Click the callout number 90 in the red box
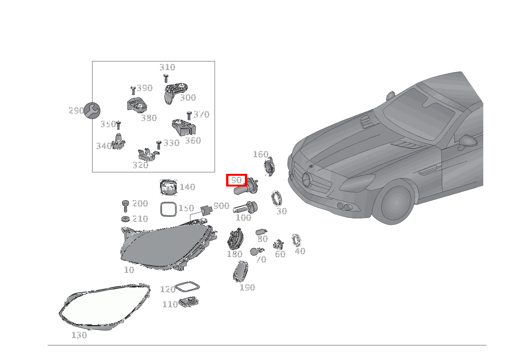(x=236, y=180)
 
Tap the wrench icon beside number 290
(x=92, y=111)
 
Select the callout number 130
(x=79, y=335)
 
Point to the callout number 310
(x=167, y=68)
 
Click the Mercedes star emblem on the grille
(x=307, y=180)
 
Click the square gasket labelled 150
(x=168, y=210)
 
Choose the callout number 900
(x=221, y=206)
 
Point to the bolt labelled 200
(x=125, y=205)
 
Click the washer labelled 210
(x=125, y=219)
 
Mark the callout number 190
(x=247, y=287)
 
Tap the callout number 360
(x=193, y=141)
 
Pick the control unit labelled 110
(x=189, y=302)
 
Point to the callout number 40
(x=300, y=251)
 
